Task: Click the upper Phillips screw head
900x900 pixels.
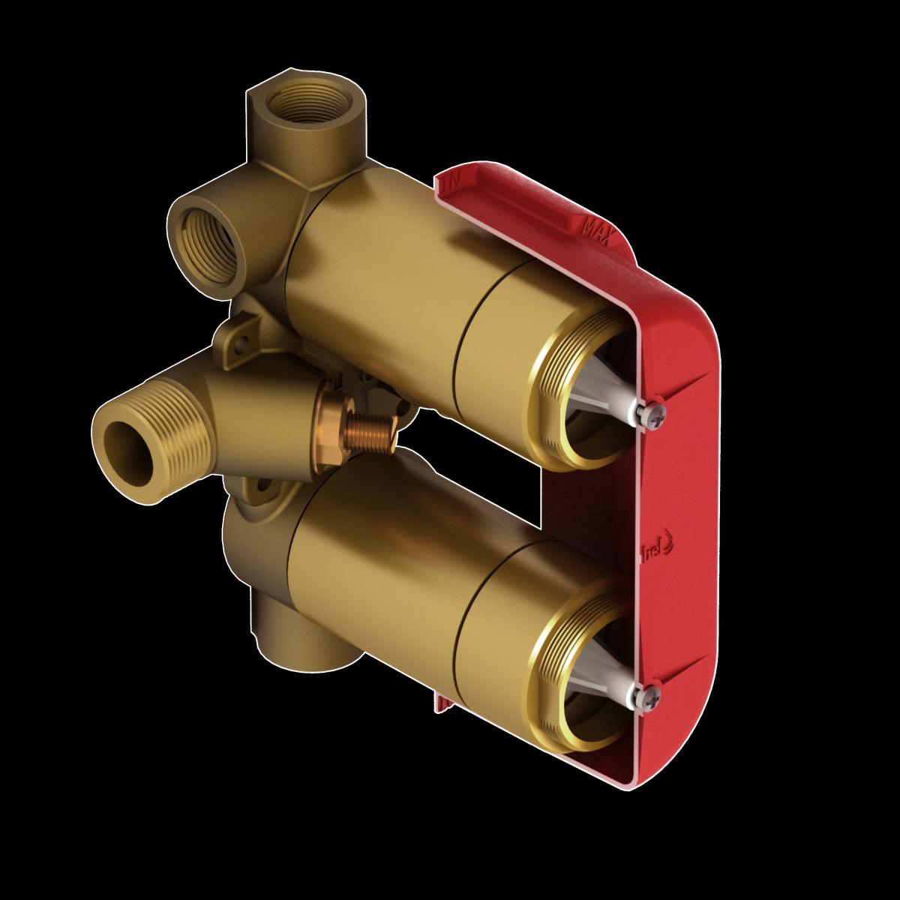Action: point(652,415)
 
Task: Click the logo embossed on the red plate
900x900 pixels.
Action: point(658,553)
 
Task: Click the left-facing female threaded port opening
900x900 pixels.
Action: point(208,244)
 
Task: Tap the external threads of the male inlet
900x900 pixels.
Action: point(180,435)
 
